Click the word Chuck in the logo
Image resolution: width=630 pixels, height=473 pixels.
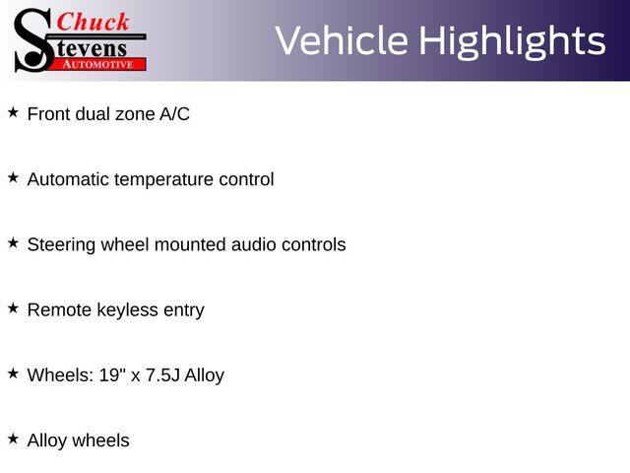pos(94,22)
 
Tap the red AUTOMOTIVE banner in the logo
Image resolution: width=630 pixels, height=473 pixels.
pos(97,64)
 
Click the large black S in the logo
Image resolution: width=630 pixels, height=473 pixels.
pos(33,40)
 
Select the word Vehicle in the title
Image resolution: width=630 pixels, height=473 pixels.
pos(342,40)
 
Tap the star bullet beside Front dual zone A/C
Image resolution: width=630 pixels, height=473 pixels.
pos(13,112)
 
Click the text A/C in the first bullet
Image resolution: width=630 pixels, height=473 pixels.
pos(174,114)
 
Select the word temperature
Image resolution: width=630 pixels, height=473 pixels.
pos(164,180)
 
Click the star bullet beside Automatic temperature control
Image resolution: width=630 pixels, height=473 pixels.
pos(13,177)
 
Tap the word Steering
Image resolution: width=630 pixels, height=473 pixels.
pos(61,245)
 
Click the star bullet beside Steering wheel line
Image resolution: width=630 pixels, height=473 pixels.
pos(13,243)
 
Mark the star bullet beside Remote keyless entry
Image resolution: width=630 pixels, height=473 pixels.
pos(13,308)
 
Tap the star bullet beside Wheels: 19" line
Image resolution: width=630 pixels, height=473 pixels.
pos(13,373)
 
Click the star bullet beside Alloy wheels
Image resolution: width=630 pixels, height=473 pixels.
pos(13,439)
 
